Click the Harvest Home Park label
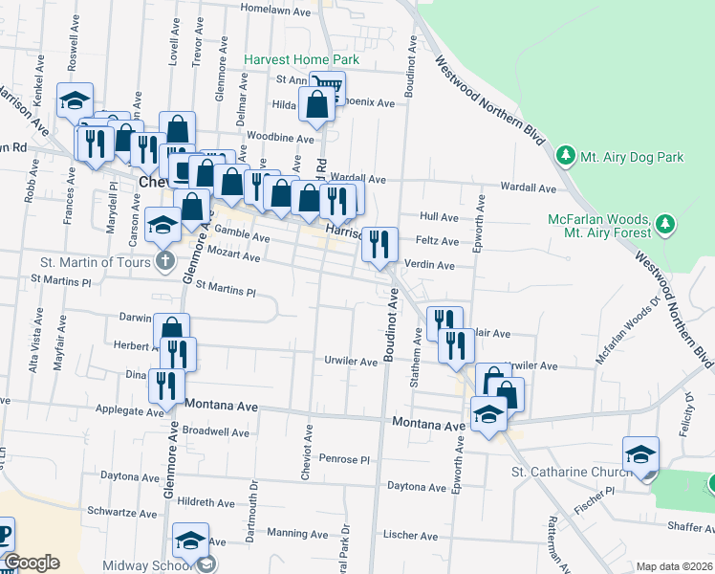click(301, 59)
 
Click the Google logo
click(32, 563)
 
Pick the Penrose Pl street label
click(343, 458)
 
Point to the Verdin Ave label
click(434, 265)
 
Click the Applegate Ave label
click(128, 411)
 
